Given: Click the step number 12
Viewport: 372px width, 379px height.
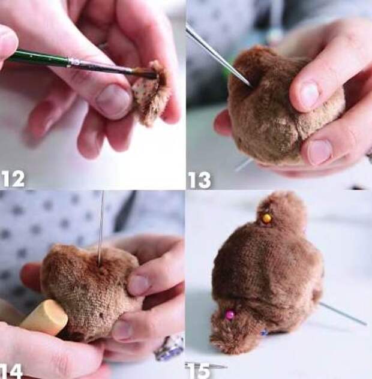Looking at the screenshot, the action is [13, 179].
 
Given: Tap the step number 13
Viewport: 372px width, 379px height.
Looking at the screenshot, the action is [200, 180].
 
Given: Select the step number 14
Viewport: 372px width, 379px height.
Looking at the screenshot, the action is [11, 371].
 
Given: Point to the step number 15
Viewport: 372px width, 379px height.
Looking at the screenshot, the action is [199, 371].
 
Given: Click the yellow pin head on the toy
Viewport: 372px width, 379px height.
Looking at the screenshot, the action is [266, 218].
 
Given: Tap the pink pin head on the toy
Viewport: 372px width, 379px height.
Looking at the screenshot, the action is [230, 315].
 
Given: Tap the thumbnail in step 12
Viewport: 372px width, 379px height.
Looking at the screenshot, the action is [113, 101].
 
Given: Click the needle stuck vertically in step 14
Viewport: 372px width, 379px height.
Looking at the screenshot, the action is [101, 228].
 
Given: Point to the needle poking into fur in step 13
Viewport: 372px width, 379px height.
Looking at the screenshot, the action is [218, 57].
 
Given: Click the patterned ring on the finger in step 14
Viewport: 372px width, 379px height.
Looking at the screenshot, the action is [169, 347].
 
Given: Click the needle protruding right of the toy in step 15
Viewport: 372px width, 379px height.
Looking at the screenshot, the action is [343, 314].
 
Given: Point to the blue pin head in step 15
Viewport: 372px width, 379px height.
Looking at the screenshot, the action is [264, 333].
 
